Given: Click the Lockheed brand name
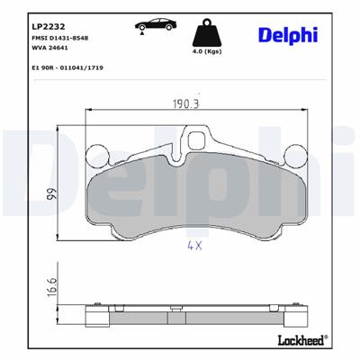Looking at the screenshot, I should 300,337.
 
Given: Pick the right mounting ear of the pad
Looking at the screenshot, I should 294,157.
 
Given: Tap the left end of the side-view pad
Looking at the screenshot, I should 90,315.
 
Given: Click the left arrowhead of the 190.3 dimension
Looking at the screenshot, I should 87,109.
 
